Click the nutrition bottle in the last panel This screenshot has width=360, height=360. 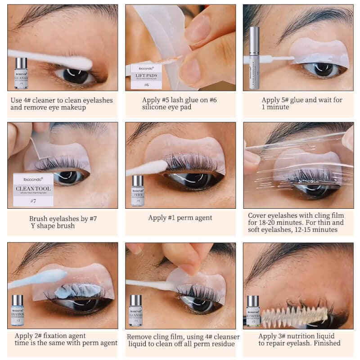[x=252, y=310]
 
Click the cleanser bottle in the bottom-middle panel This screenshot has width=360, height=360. [x=135, y=310]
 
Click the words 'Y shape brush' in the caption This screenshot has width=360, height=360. [x=53, y=226]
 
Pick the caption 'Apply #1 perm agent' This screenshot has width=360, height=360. [x=180, y=218]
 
